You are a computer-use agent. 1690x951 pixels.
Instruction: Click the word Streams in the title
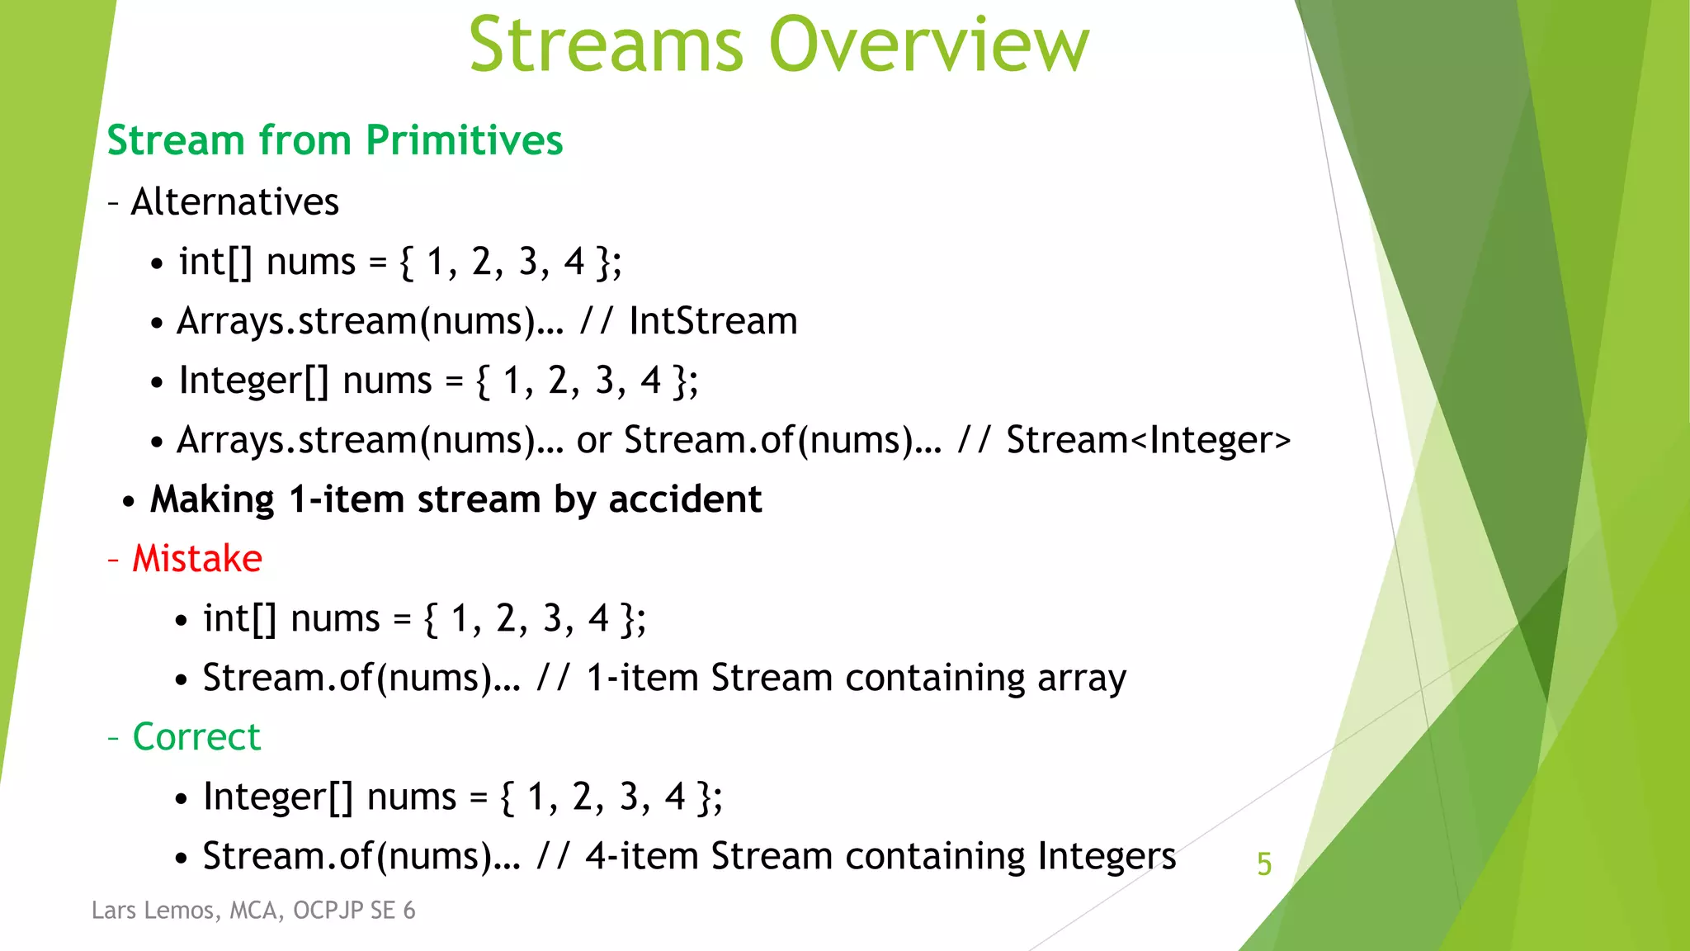tap(607, 45)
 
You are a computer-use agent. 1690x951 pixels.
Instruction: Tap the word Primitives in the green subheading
tap(464, 140)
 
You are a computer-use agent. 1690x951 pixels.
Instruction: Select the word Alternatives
tap(235, 202)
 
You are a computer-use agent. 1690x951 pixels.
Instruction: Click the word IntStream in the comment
tap(713, 321)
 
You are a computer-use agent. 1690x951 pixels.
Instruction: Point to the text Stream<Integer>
tap(1148, 440)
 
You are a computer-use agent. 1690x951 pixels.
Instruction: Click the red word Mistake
tap(197, 559)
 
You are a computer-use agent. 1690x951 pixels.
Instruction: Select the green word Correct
tap(196, 737)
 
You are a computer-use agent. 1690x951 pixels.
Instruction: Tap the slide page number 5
tap(1263, 864)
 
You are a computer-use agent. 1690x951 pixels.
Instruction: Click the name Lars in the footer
tap(113, 910)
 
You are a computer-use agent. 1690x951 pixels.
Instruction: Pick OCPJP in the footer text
tap(328, 910)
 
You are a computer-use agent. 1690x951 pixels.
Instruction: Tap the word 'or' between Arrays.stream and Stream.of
tap(593, 441)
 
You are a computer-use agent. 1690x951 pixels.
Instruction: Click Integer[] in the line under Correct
tap(278, 797)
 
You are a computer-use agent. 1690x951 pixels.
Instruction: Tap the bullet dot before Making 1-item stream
tap(129, 502)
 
